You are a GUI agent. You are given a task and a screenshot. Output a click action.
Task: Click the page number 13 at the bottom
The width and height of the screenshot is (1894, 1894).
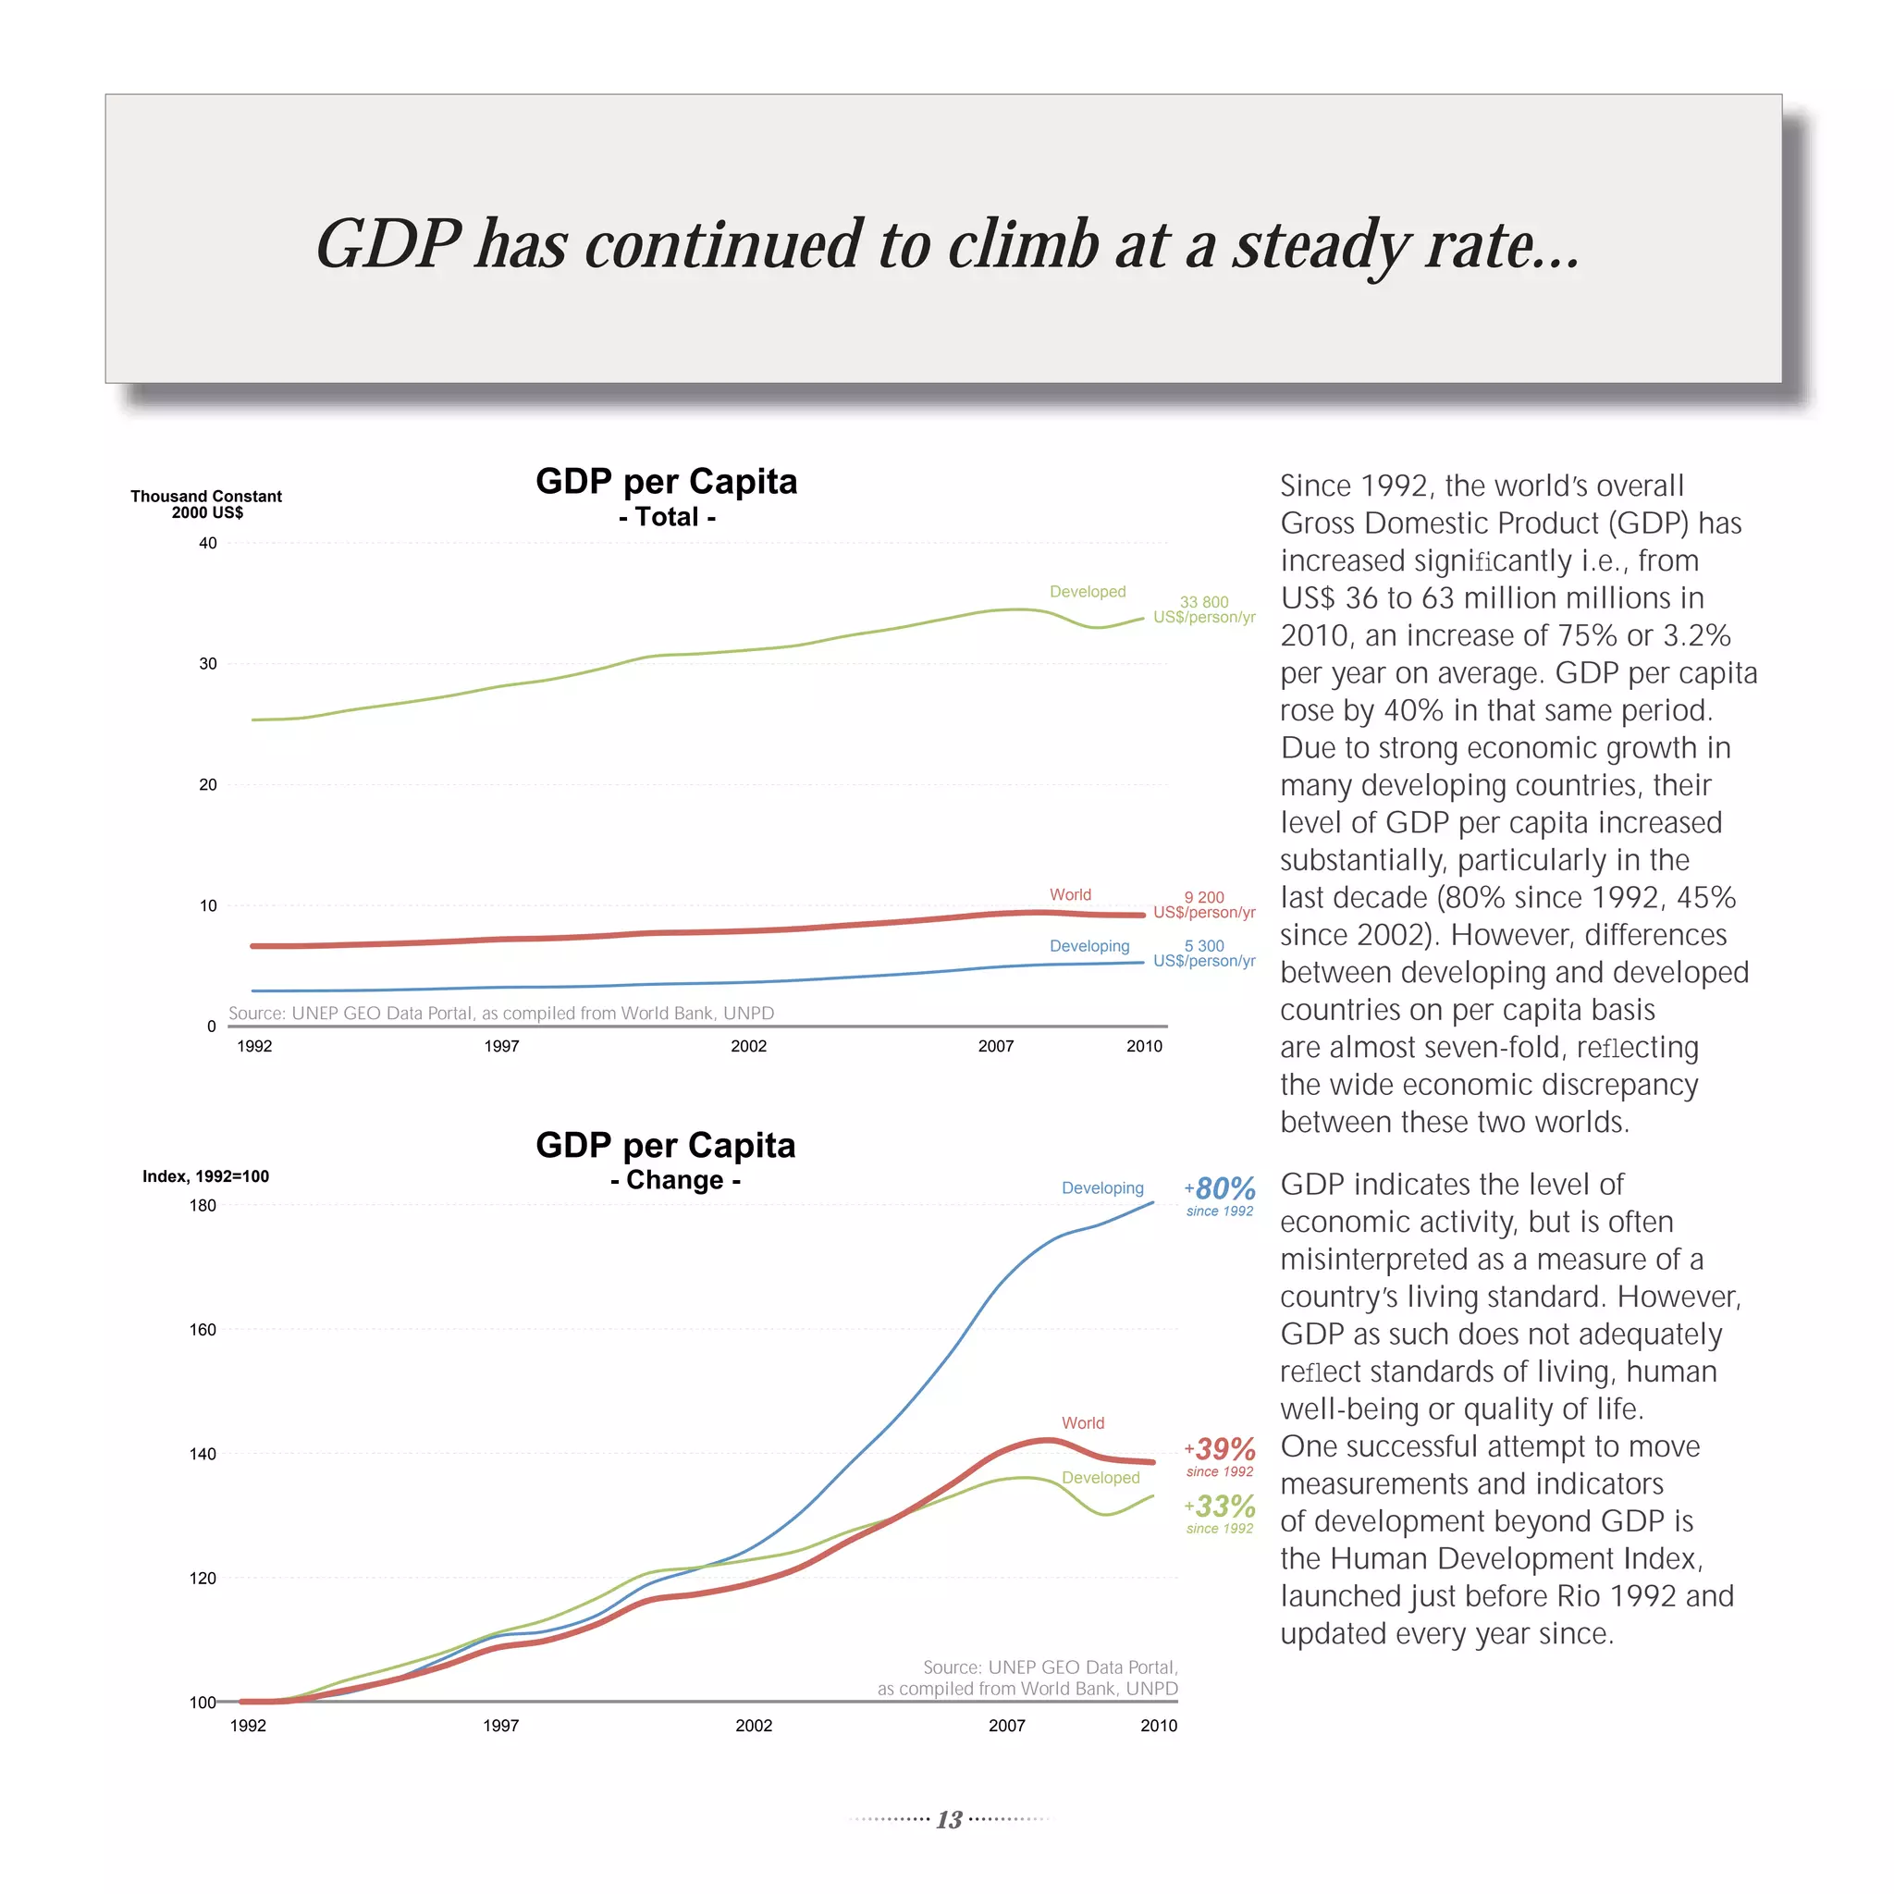tap(948, 1819)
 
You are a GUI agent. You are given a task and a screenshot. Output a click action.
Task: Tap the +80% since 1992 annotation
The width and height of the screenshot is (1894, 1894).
tap(1220, 1194)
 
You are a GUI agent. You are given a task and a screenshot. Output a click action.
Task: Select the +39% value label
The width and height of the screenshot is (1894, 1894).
tap(1220, 1450)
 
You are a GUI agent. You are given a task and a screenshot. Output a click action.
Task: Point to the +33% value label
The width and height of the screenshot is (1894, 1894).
tap(1220, 1507)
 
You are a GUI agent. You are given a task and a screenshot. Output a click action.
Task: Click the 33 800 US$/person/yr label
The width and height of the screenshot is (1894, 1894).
tap(1204, 609)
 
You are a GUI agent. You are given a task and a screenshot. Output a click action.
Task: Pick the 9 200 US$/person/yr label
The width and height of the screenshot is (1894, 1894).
tap(1204, 904)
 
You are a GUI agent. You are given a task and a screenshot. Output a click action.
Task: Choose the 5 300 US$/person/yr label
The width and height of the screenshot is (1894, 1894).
tap(1204, 953)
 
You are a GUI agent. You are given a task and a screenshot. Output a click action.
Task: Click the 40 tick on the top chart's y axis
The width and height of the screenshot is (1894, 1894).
tap(208, 543)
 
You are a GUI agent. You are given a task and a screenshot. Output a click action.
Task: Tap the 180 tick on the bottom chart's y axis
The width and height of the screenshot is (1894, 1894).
tap(203, 1206)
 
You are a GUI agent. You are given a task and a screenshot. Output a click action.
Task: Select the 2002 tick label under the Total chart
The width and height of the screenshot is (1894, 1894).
tap(749, 1046)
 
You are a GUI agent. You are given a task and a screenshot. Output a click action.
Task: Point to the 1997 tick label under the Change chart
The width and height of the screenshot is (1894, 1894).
tap(501, 1726)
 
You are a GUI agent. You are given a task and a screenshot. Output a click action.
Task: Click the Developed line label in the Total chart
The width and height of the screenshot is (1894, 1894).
tap(1088, 591)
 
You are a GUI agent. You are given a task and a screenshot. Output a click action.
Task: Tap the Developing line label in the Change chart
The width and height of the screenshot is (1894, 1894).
tap(1101, 1187)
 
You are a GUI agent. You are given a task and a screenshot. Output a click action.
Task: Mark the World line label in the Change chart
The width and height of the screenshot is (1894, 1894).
tap(1082, 1422)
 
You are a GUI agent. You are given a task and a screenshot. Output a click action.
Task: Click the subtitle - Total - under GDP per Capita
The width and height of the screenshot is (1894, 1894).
tap(667, 518)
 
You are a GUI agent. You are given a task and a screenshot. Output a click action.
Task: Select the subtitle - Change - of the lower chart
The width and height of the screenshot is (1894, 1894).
tap(675, 1180)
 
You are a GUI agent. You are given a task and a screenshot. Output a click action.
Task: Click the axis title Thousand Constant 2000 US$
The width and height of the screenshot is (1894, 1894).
tap(206, 504)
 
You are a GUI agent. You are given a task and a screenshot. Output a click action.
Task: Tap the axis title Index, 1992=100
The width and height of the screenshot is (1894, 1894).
tap(205, 1176)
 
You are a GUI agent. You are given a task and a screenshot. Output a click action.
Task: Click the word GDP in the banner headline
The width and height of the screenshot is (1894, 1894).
tap(388, 244)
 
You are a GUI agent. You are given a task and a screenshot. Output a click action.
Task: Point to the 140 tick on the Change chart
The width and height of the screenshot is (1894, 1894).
tap(203, 1454)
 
